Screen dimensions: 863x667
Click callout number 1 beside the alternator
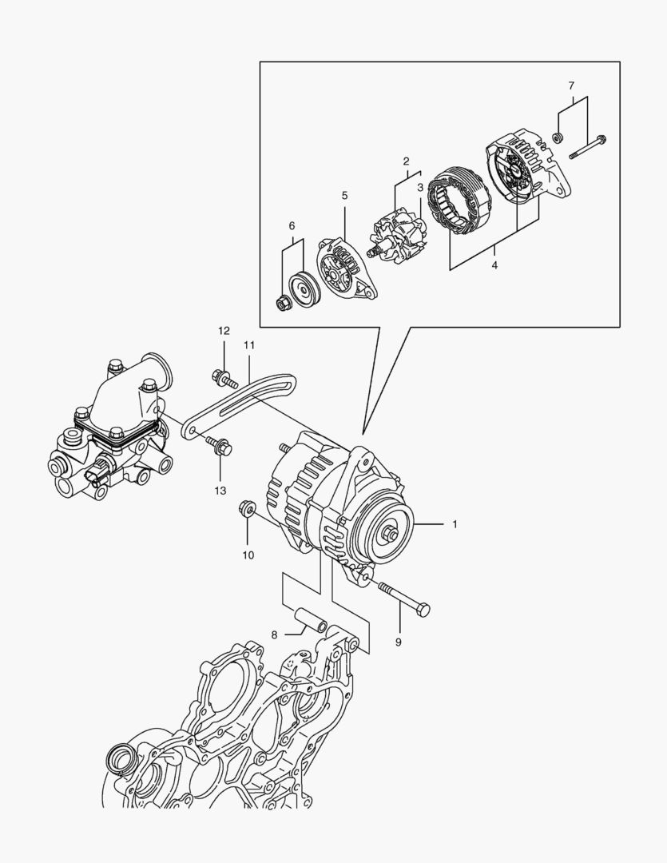point(455,525)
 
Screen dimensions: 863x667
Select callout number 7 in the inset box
point(571,86)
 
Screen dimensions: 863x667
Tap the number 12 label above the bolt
point(224,331)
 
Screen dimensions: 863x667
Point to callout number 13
point(220,490)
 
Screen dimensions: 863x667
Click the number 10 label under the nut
point(248,555)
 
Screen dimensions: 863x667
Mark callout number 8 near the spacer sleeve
point(274,635)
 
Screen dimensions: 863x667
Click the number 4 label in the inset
point(494,264)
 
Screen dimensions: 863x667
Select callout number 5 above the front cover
point(345,195)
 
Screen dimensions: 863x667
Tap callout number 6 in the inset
point(292,226)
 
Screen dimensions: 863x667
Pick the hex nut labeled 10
point(247,508)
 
